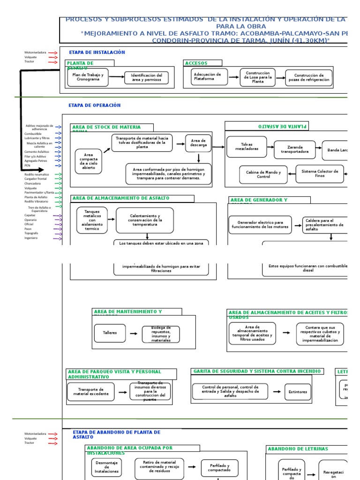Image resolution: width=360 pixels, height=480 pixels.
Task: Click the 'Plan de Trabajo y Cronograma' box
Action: (88, 77)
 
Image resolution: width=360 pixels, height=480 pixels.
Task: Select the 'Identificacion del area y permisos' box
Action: (146, 78)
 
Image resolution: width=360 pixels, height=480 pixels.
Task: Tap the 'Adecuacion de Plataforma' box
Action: (209, 77)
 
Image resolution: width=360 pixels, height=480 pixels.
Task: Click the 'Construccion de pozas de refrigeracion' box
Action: (308, 78)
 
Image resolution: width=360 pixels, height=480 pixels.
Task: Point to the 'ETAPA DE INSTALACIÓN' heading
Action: (97, 52)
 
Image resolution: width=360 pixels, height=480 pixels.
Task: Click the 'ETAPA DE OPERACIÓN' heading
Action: (95, 105)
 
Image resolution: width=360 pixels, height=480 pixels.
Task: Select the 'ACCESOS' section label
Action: (196, 63)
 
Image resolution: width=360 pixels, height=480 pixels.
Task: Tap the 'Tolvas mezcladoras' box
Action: (247, 147)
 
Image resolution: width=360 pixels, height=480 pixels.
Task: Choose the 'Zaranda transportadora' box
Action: (295, 150)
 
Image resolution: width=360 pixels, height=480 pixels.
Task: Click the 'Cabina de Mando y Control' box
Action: (263, 174)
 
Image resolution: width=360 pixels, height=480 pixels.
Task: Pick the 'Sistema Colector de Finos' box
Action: (320, 174)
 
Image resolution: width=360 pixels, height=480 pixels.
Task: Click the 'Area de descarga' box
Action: (198, 143)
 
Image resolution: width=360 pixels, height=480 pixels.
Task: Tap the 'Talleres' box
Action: (110, 333)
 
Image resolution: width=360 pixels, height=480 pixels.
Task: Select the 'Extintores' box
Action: (298, 392)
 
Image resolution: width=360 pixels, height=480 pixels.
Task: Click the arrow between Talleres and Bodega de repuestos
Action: (134, 334)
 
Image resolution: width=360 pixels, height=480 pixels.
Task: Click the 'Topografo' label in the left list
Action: (31, 233)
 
